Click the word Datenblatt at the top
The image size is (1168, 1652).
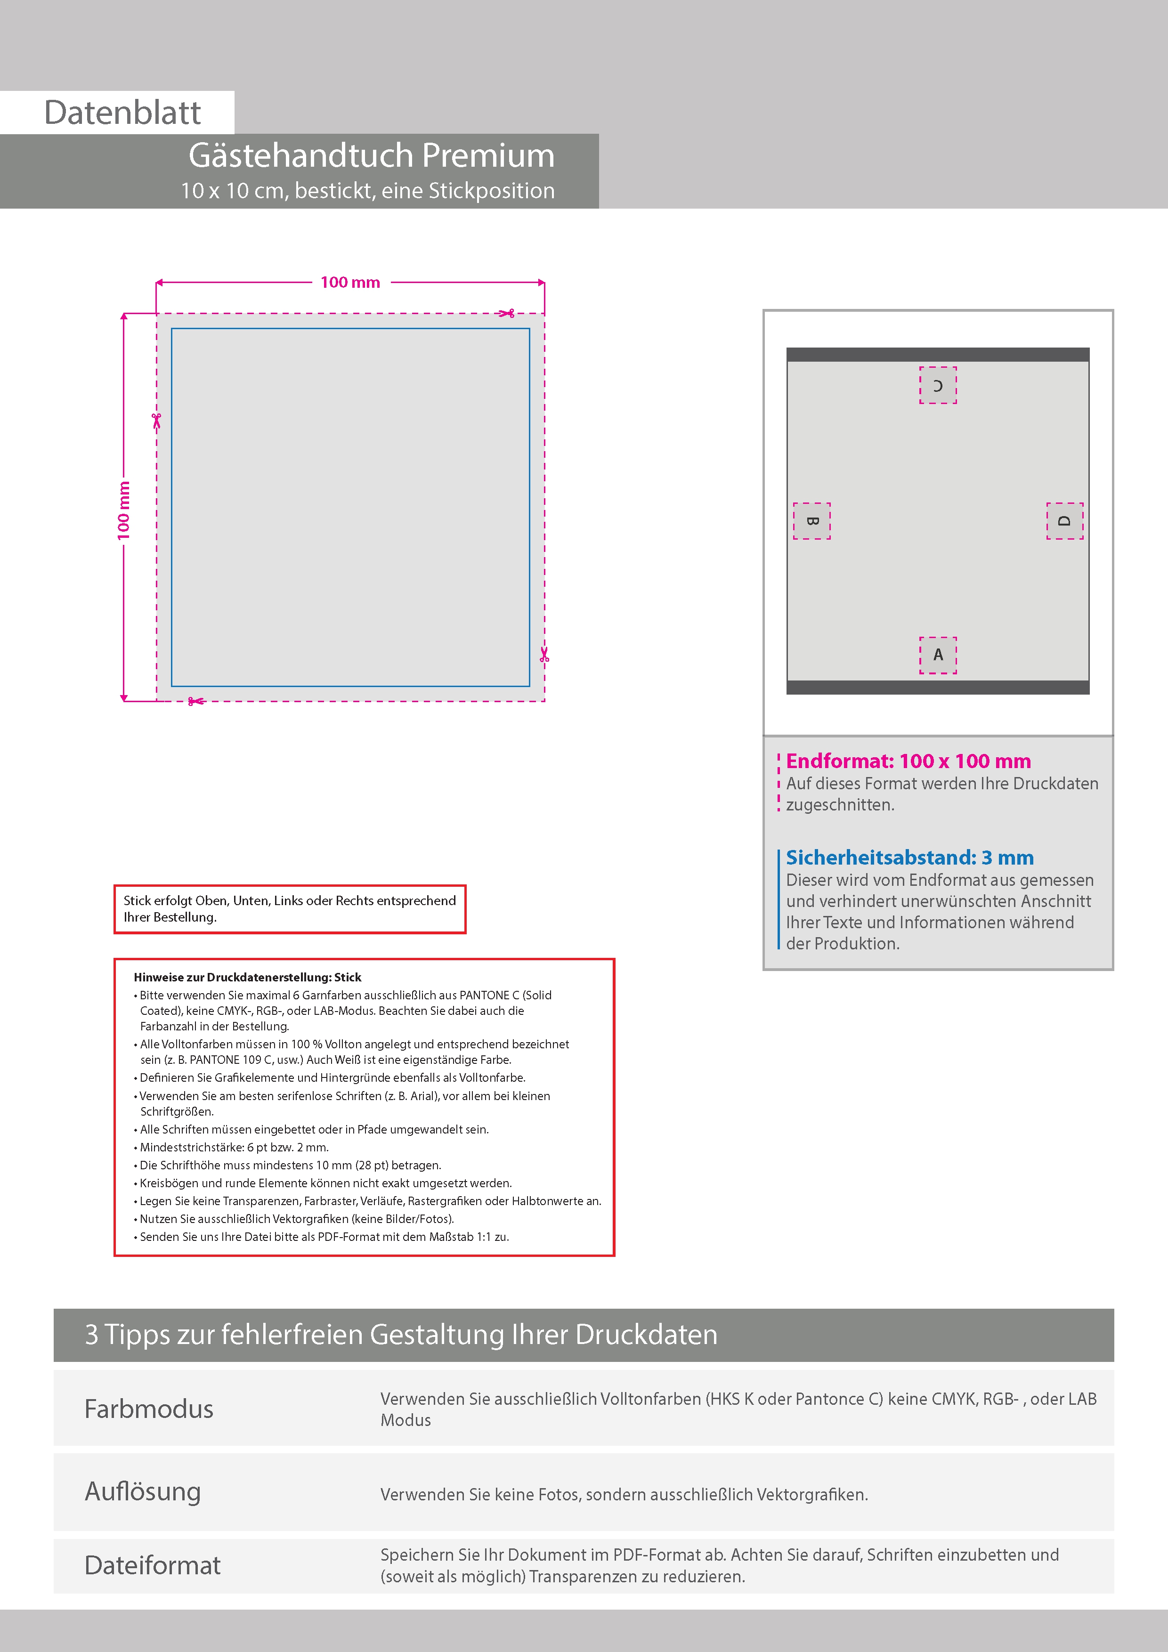(122, 113)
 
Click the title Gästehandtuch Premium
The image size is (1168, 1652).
(371, 155)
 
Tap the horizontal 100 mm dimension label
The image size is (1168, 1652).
(350, 283)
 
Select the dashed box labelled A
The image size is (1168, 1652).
(938, 655)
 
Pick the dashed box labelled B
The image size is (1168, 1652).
(812, 521)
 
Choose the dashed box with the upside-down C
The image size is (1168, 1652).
(938, 385)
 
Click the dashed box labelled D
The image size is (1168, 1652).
(1064, 521)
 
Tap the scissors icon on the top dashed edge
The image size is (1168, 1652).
(507, 313)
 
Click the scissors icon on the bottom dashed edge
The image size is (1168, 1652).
(195, 701)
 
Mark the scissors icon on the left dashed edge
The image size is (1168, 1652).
(156, 420)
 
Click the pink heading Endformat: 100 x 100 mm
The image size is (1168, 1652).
(908, 761)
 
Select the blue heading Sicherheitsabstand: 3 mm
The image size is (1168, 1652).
(909, 858)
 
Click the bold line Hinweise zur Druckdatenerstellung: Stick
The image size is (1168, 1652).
(248, 977)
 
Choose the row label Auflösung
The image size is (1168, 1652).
(143, 1491)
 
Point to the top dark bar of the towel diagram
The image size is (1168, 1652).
(938, 355)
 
